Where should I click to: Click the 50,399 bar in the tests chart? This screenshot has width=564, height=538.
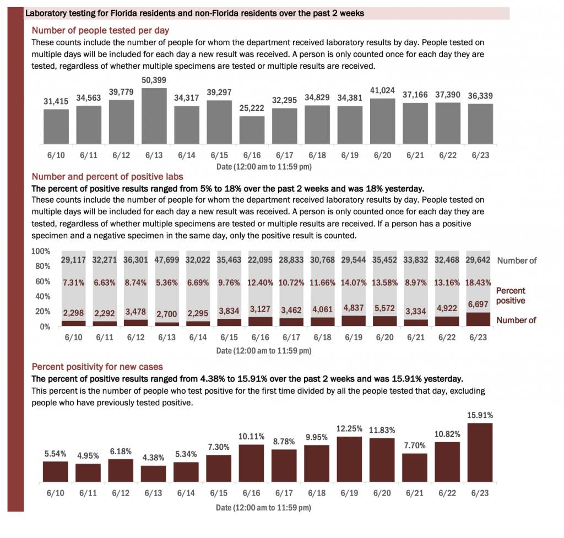154,116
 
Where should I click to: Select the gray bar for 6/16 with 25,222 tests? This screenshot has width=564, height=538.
252,130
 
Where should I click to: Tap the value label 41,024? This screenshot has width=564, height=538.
382,90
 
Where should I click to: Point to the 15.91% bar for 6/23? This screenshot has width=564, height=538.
480,453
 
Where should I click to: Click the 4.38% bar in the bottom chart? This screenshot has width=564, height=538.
154,474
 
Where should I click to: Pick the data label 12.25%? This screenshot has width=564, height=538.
349,428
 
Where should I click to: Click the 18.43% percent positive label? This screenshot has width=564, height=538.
478,282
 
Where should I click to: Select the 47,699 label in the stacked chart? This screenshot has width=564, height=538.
167,260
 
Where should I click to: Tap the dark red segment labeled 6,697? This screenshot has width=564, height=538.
478,319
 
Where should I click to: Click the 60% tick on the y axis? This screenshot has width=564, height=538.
43,281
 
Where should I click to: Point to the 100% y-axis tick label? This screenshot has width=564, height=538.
41,251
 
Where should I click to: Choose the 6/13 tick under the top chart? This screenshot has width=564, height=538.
154,155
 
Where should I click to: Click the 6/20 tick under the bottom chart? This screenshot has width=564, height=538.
382,493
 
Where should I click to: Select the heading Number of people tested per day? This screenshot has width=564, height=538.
100,31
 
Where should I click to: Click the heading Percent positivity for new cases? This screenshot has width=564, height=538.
97,367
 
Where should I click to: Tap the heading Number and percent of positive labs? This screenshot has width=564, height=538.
107,177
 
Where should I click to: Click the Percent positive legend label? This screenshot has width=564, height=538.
511,296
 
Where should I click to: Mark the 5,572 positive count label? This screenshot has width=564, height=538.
384,308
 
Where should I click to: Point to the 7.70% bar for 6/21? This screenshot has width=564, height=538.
415,468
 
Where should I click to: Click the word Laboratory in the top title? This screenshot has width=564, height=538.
44,14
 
